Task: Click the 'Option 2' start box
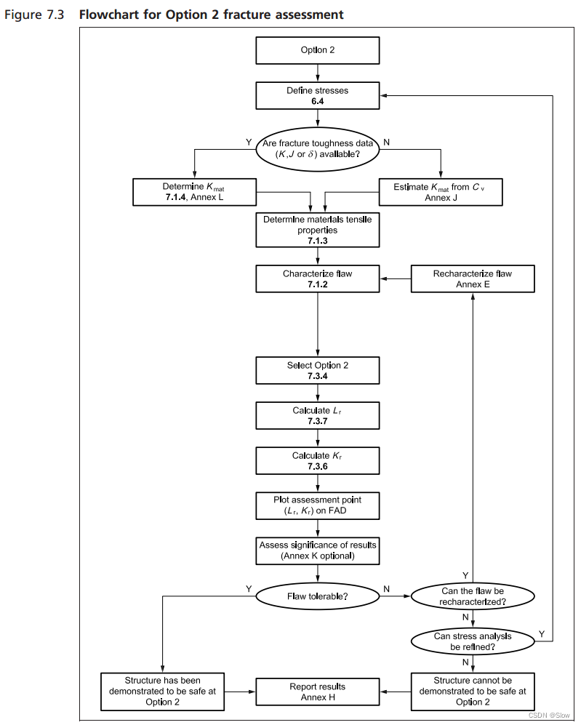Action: [x=317, y=50]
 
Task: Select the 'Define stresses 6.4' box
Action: [x=317, y=96]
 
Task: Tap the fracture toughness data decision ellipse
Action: [x=317, y=149]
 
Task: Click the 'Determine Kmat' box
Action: [x=193, y=192]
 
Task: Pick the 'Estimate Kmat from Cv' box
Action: [x=441, y=192]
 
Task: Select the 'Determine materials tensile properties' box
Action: [x=317, y=229]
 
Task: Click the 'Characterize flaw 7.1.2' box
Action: [x=317, y=279]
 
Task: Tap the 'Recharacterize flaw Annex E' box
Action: [x=472, y=279]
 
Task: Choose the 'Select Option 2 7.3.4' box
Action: [x=317, y=370]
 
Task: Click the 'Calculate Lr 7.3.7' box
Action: [x=317, y=416]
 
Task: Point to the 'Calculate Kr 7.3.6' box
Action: [x=317, y=461]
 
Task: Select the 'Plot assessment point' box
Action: [x=317, y=506]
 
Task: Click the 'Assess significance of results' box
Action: [x=317, y=550]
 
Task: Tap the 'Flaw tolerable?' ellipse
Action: [x=317, y=596]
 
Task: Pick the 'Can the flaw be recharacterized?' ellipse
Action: [x=473, y=596]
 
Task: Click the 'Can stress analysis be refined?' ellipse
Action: [x=473, y=641]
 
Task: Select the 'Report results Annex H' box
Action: [x=317, y=692]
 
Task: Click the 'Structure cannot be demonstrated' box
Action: [x=473, y=692]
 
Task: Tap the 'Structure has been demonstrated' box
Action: [x=162, y=692]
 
